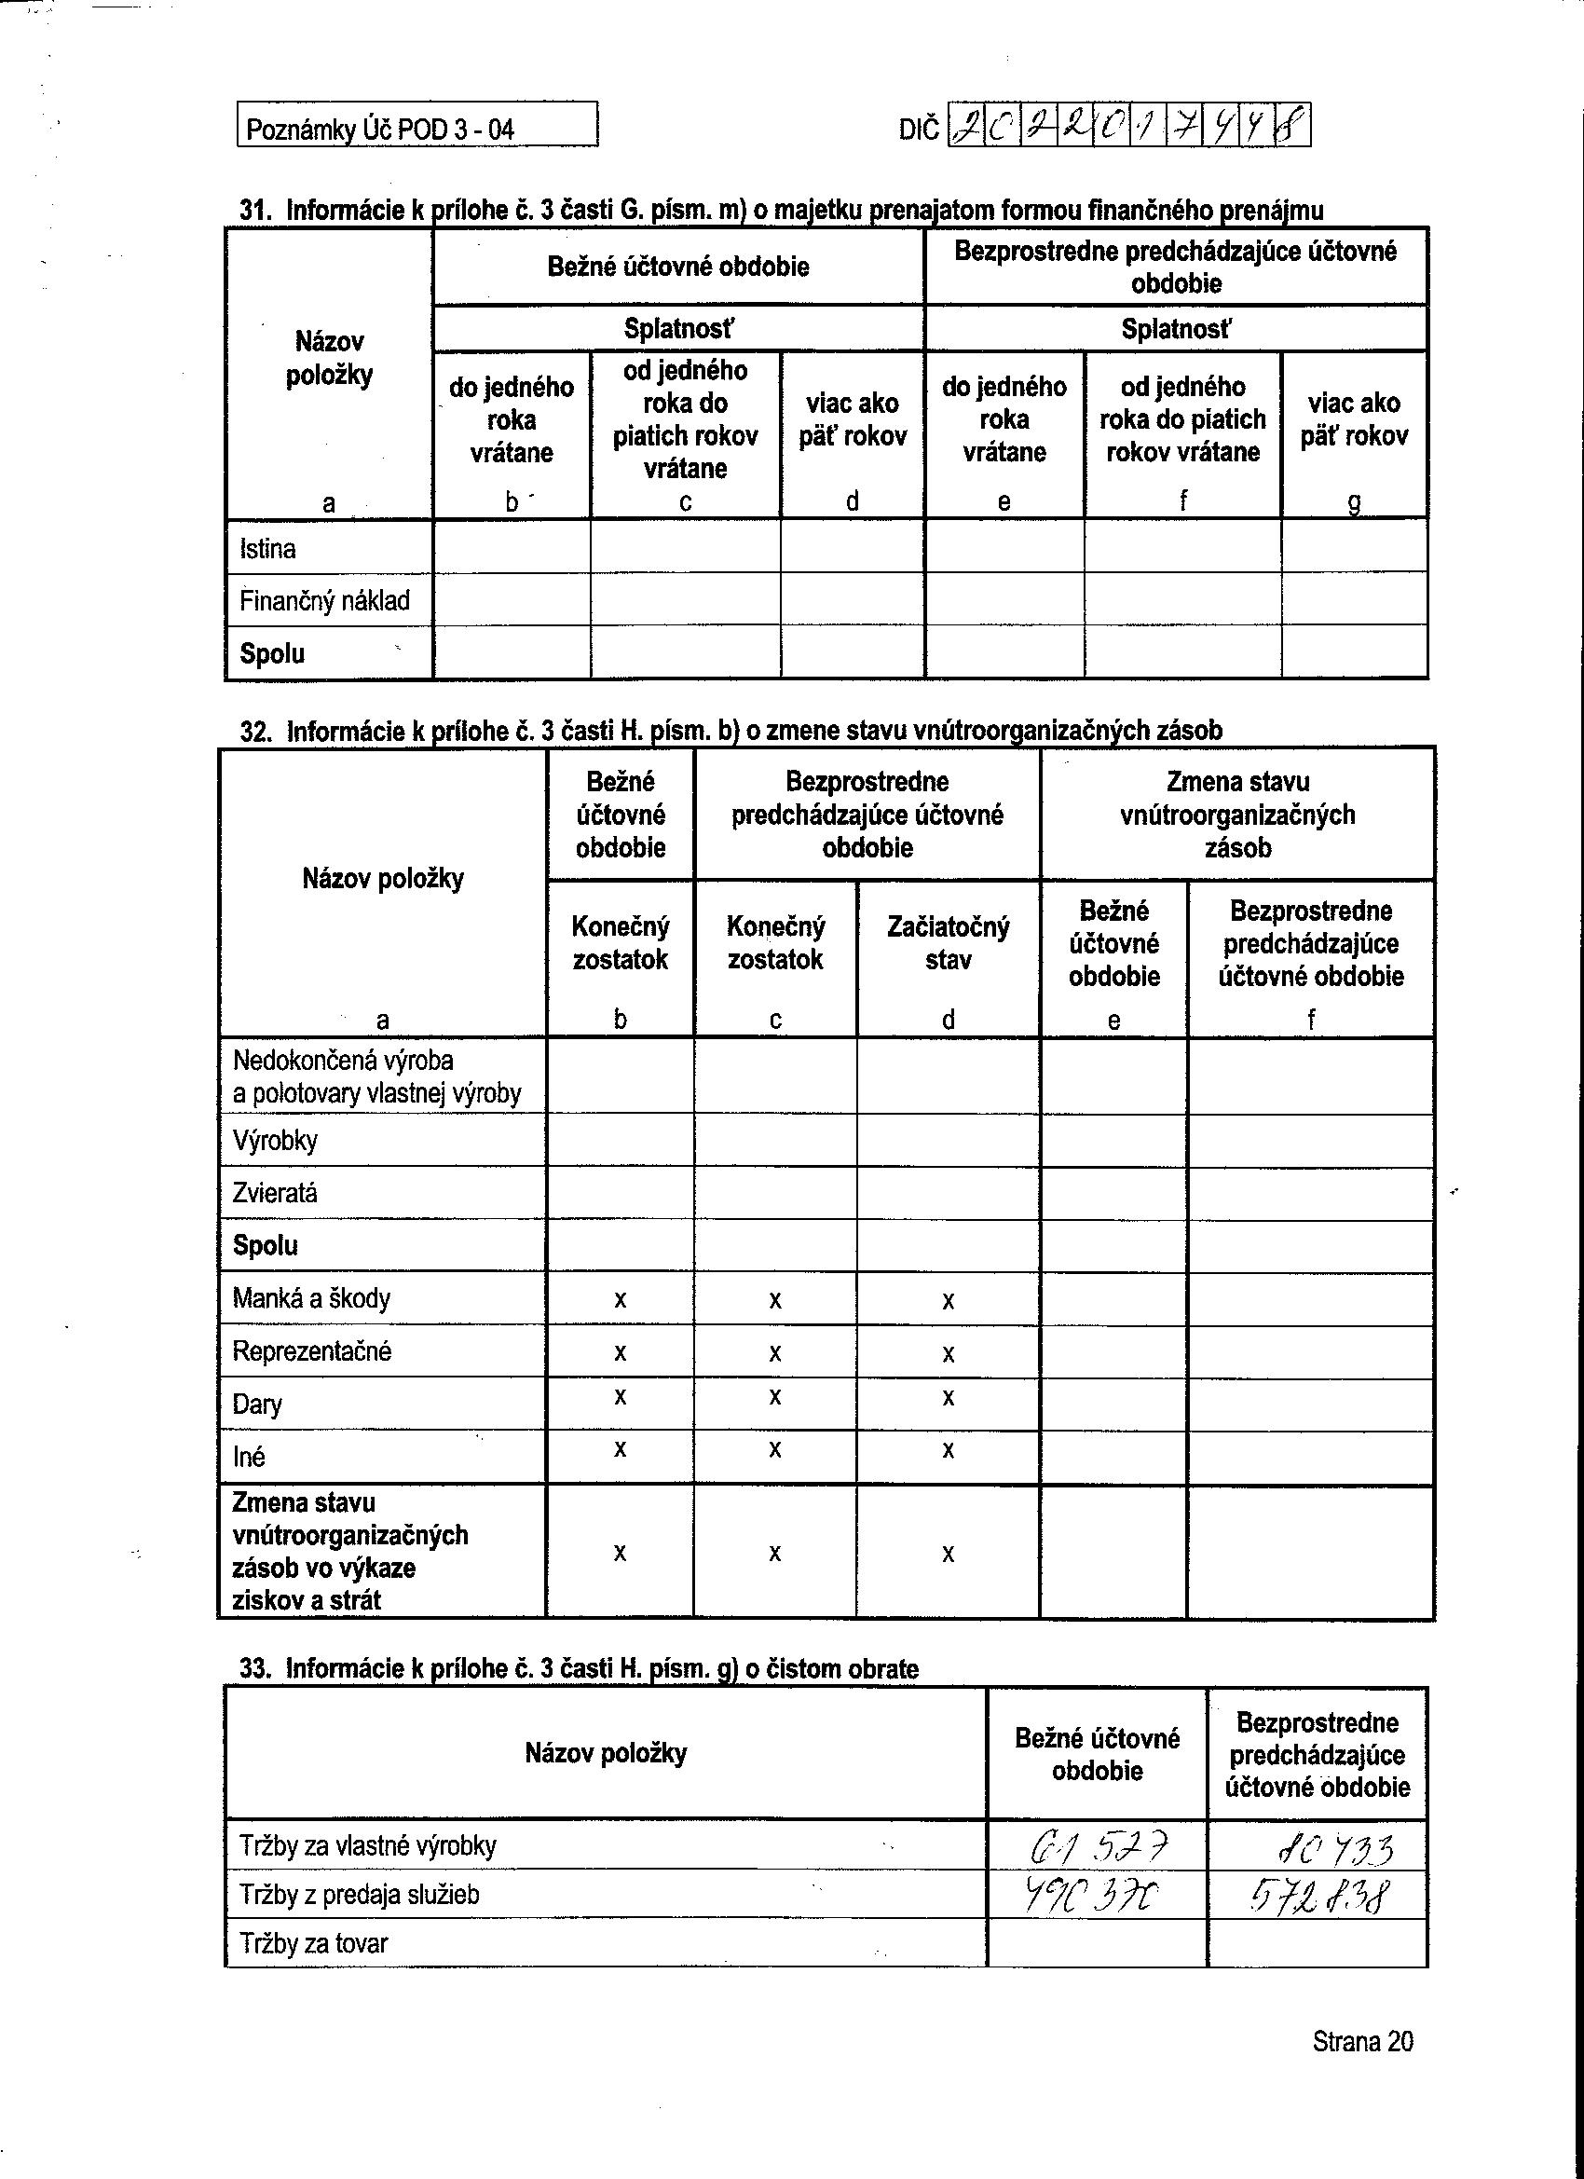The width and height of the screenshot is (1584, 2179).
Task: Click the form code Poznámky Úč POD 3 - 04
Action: coord(379,129)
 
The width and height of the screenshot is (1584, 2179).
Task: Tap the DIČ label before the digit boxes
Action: coord(919,129)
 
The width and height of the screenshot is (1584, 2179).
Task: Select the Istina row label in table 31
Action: coord(267,549)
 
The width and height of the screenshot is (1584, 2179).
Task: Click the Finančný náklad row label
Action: coord(323,600)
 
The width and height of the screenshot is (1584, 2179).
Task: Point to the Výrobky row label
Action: coord(275,1141)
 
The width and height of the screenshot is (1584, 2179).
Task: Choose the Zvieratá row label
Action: coord(275,1192)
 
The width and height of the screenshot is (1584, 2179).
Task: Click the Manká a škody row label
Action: coord(311,1298)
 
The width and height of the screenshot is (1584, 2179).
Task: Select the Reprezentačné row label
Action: coord(311,1350)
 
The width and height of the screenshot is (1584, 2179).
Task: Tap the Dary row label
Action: coord(256,1405)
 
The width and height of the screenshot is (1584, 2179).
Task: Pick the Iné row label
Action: coord(248,1457)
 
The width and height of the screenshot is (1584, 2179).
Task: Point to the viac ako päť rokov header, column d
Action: coord(852,419)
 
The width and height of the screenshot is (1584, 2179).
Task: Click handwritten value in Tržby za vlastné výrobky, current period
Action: coord(1098,1844)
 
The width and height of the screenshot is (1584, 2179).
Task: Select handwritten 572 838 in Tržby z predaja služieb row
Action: coord(1318,1896)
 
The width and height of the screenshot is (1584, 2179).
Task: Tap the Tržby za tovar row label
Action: coord(313,1943)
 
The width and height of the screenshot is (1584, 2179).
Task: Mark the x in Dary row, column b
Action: coord(620,1397)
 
